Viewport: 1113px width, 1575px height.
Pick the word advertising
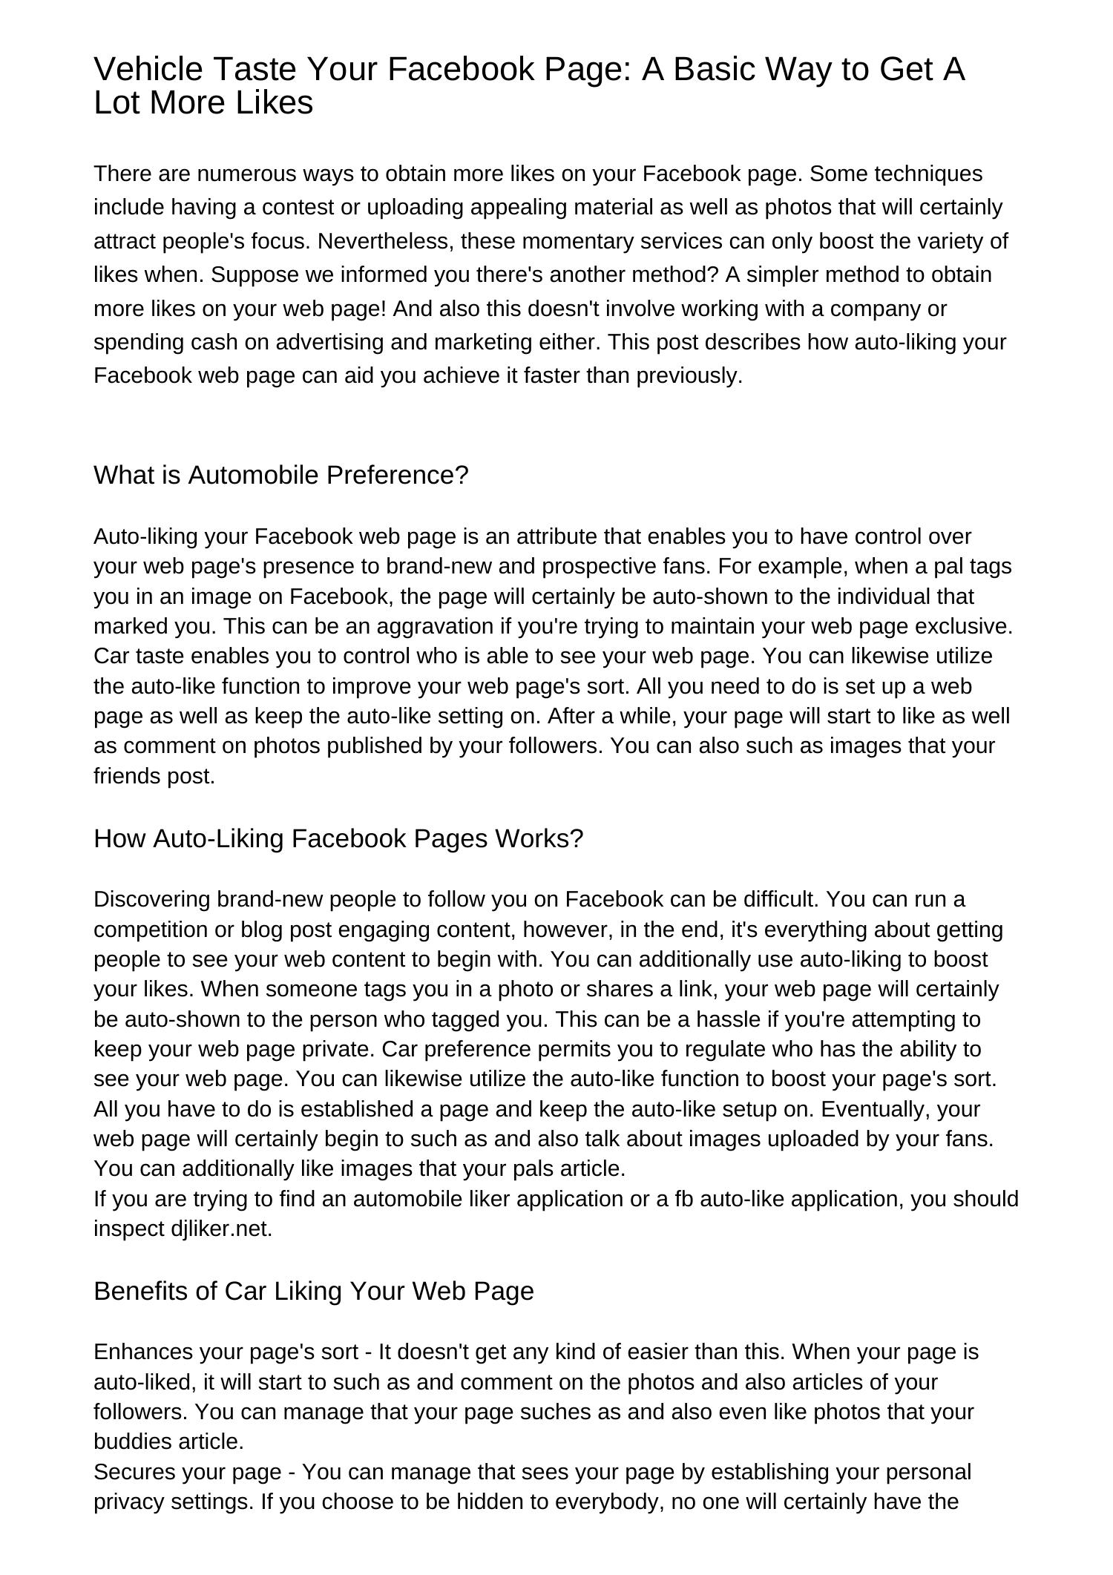click(324, 342)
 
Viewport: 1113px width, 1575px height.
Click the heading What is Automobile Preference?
click(281, 475)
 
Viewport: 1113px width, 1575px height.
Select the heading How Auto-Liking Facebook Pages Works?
click(338, 838)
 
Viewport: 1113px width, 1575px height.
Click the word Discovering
click(152, 899)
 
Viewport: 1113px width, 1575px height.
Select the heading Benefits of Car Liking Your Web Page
click(314, 1291)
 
